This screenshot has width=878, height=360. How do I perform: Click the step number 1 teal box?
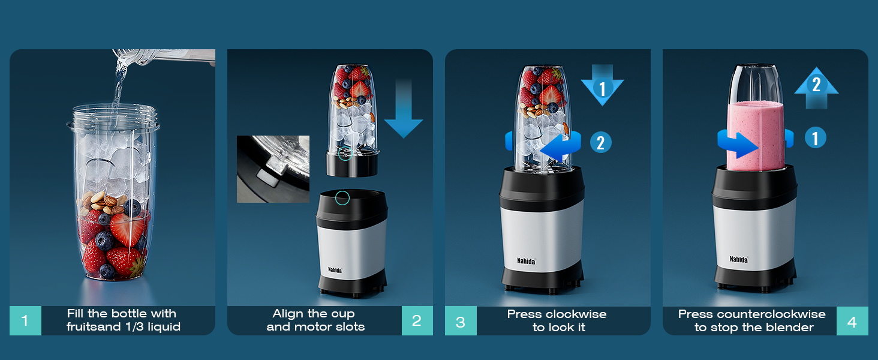pyautogui.click(x=25, y=320)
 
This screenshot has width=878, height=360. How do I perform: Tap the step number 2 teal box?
pyautogui.click(x=417, y=320)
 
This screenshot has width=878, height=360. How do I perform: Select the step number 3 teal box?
pyautogui.click(x=461, y=321)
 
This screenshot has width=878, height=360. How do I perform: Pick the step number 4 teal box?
pyautogui.click(x=852, y=321)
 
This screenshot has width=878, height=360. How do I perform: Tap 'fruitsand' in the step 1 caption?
pyautogui.click(x=91, y=327)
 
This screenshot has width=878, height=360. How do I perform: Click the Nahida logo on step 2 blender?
pyautogui.click(x=335, y=270)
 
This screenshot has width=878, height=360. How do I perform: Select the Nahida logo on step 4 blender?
pyautogui.click(x=738, y=259)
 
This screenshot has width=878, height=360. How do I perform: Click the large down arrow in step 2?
pyautogui.click(x=403, y=111)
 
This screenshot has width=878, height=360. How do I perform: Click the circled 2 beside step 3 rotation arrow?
pyautogui.click(x=600, y=142)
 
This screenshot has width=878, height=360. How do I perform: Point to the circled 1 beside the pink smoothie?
pyautogui.click(x=814, y=138)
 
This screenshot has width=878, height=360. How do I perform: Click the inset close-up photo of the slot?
pyautogui.click(x=273, y=169)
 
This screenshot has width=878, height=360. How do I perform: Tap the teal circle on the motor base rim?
pyautogui.click(x=342, y=197)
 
